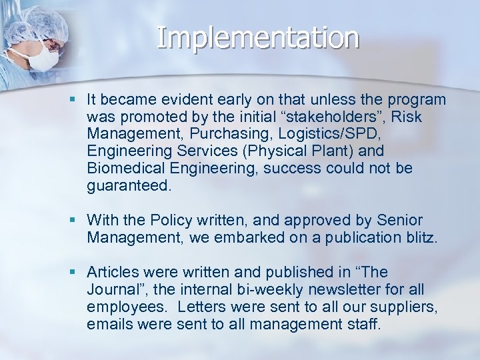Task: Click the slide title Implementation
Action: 258,38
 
